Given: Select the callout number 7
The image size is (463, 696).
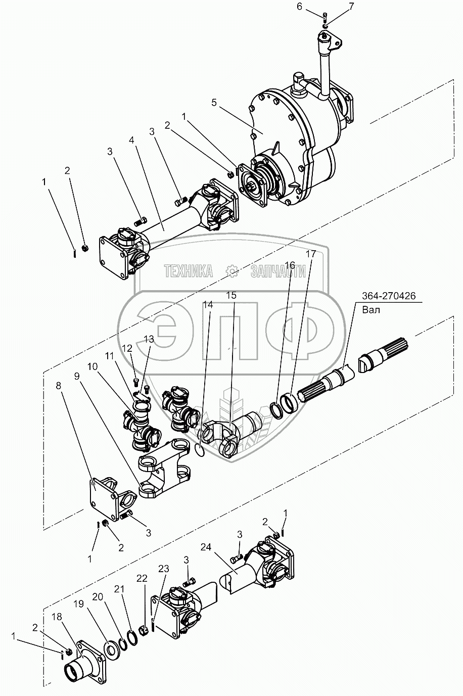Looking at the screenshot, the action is (x=350, y=7).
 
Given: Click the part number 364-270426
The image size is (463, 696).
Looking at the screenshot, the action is (x=389, y=297).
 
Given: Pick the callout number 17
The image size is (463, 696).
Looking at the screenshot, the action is (x=310, y=254).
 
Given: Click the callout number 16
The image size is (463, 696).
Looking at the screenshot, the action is (x=290, y=264).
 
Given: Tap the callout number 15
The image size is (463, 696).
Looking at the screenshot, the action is (x=231, y=295).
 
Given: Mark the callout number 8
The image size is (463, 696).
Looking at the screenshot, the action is (x=59, y=385).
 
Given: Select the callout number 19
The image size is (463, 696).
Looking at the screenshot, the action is (x=78, y=604).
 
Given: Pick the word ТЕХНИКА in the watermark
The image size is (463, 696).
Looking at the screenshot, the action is (x=188, y=271).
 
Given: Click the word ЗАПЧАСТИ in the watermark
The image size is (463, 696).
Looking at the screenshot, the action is (x=278, y=271).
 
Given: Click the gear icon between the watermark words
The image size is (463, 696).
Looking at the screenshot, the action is (x=232, y=271).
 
